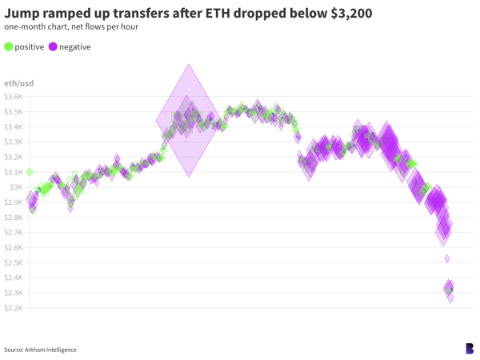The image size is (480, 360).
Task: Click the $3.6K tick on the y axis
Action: tap(14, 96)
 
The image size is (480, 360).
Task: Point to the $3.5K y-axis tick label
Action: tap(14, 111)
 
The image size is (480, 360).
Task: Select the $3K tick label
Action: tap(17, 187)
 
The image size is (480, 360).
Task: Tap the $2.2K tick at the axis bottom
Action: tap(14, 308)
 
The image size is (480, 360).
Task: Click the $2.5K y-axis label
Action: tap(14, 262)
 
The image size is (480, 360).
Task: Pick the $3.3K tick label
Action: tap(14, 142)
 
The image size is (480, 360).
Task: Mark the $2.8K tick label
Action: tap(14, 217)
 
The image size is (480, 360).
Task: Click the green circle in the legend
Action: tap(9, 46)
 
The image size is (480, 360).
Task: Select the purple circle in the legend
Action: tap(54, 46)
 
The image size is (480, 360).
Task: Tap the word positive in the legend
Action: tap(30, 46)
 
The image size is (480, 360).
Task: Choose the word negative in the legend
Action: tap(75, 46)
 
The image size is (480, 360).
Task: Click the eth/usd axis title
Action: tap(19, 83)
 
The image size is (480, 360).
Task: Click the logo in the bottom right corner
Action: tap(469, 348)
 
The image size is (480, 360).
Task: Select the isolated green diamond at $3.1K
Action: tap(30, 172)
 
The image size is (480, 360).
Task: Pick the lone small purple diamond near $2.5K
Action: tap(447, 258)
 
